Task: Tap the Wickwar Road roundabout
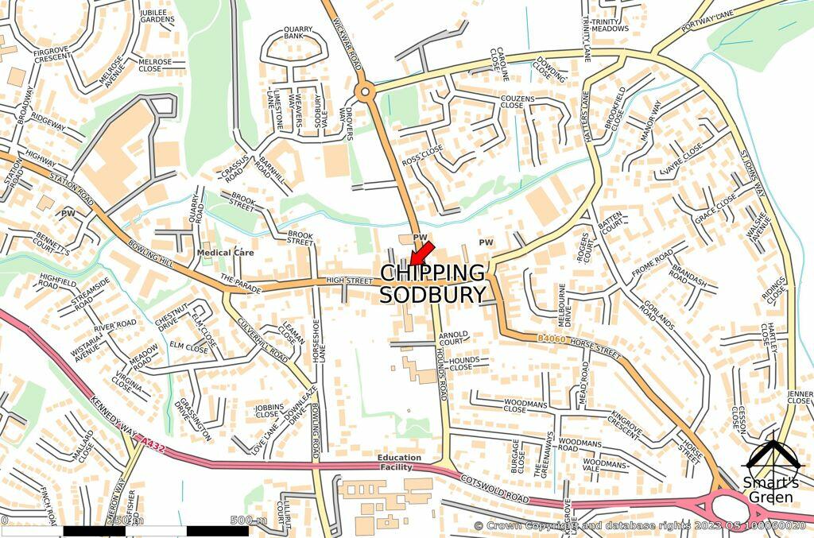click(365, 92)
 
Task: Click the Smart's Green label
click(770, 490)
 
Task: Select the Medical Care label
click(226, 253)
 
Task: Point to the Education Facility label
click(400, 463)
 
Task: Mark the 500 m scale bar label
click(249, 521)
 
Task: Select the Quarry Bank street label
click(299, 33)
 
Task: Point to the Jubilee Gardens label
click(157, 16)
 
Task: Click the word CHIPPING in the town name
click(432, 273)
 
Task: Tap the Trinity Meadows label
click(610, 25)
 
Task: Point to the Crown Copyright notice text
click(639, 526)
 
